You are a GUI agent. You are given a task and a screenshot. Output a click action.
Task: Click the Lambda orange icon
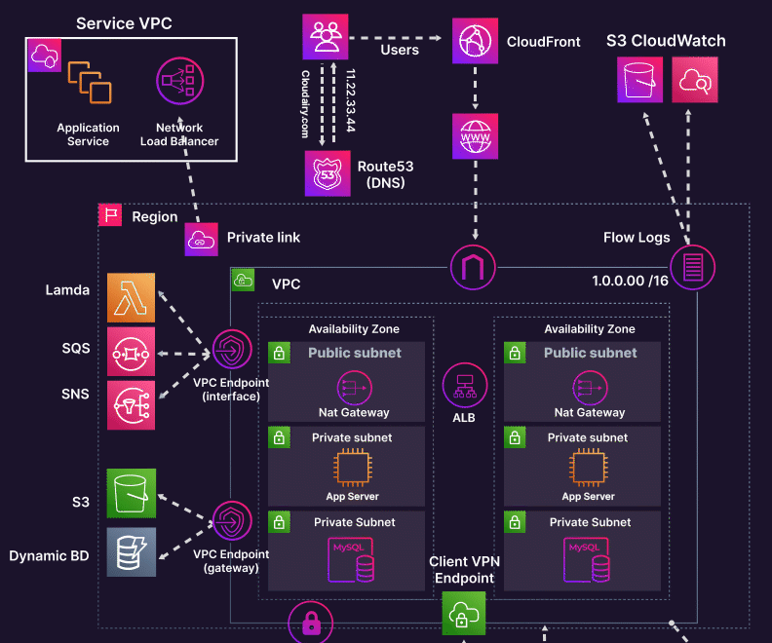pyautogui.click(x=132, y=298)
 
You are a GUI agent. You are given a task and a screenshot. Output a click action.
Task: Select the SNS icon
pyautogui.click(x=132, y=404)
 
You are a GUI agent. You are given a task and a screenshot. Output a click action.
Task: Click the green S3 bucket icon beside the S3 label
pyautogui.click(x=132, y=493)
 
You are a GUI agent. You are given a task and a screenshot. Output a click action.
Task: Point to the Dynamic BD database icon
pyautogui.click(x=132, y=552)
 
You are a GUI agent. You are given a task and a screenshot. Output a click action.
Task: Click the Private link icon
pyautogui.click(x=201, y=239)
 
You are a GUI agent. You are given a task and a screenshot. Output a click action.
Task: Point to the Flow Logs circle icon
pyautogui.click(x=693, y=265)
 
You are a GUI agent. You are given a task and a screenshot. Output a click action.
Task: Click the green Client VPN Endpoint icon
pyautogui.click(x=463, y=614)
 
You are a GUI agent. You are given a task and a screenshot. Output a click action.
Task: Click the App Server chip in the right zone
pyautogui.click(x=588, y=469)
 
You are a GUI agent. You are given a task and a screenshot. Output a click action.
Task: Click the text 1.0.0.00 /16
pyautogui.click(x=629, y=281)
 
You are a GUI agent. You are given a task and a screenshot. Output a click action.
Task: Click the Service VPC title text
pyautogui.click(x=124, y=22)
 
